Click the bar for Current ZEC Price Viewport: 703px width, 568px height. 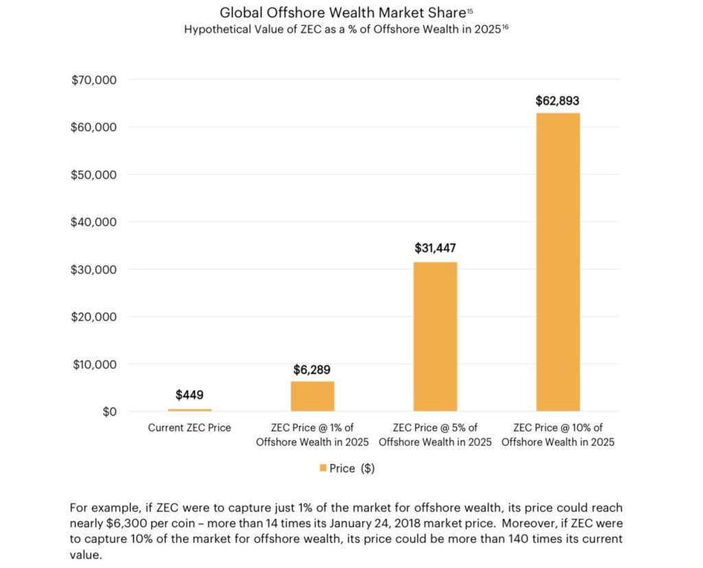tap(189, 410)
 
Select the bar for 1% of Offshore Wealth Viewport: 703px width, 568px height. tap(312, 397)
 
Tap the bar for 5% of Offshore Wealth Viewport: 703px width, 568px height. tap(435, 337)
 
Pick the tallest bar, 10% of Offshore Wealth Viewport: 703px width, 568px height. tap(557, 262)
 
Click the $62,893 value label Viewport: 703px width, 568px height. tap(557, 101)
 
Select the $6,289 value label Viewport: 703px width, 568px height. tap(312, 370)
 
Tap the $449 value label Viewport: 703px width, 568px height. tap(189, 395)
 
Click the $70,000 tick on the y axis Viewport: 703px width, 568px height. tap(94, 80)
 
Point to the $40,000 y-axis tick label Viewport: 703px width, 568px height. tap(94, 222)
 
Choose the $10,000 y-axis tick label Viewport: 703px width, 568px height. tap(94, 364)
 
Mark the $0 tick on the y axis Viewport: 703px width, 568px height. tap(107, 412)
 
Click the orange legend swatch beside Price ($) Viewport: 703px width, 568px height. tap(323, 469)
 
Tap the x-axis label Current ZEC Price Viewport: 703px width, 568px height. tap(189, 427)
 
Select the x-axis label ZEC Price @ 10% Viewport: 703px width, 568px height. tap(557, 434)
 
